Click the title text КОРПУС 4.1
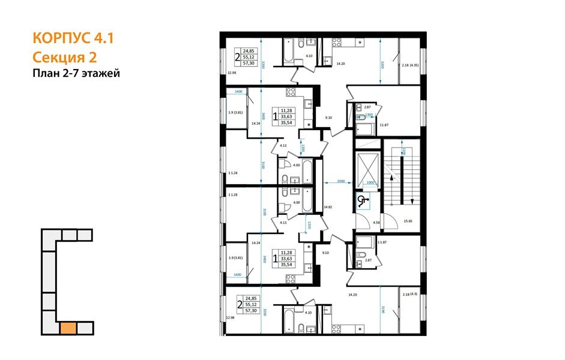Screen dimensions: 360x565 [x=71, y=39]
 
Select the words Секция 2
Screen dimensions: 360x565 [x=64, y=57]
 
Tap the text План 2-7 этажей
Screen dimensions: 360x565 [x=76, y=74]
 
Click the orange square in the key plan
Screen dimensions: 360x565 [x=68, y=328]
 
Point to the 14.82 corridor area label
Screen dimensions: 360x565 [x=328, y=207]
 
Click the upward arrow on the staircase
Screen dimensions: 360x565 [x=391, y=176]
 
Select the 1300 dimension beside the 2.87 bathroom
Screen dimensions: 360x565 [x=370, y=114]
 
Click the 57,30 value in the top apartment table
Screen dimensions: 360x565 [x=249, y=62]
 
